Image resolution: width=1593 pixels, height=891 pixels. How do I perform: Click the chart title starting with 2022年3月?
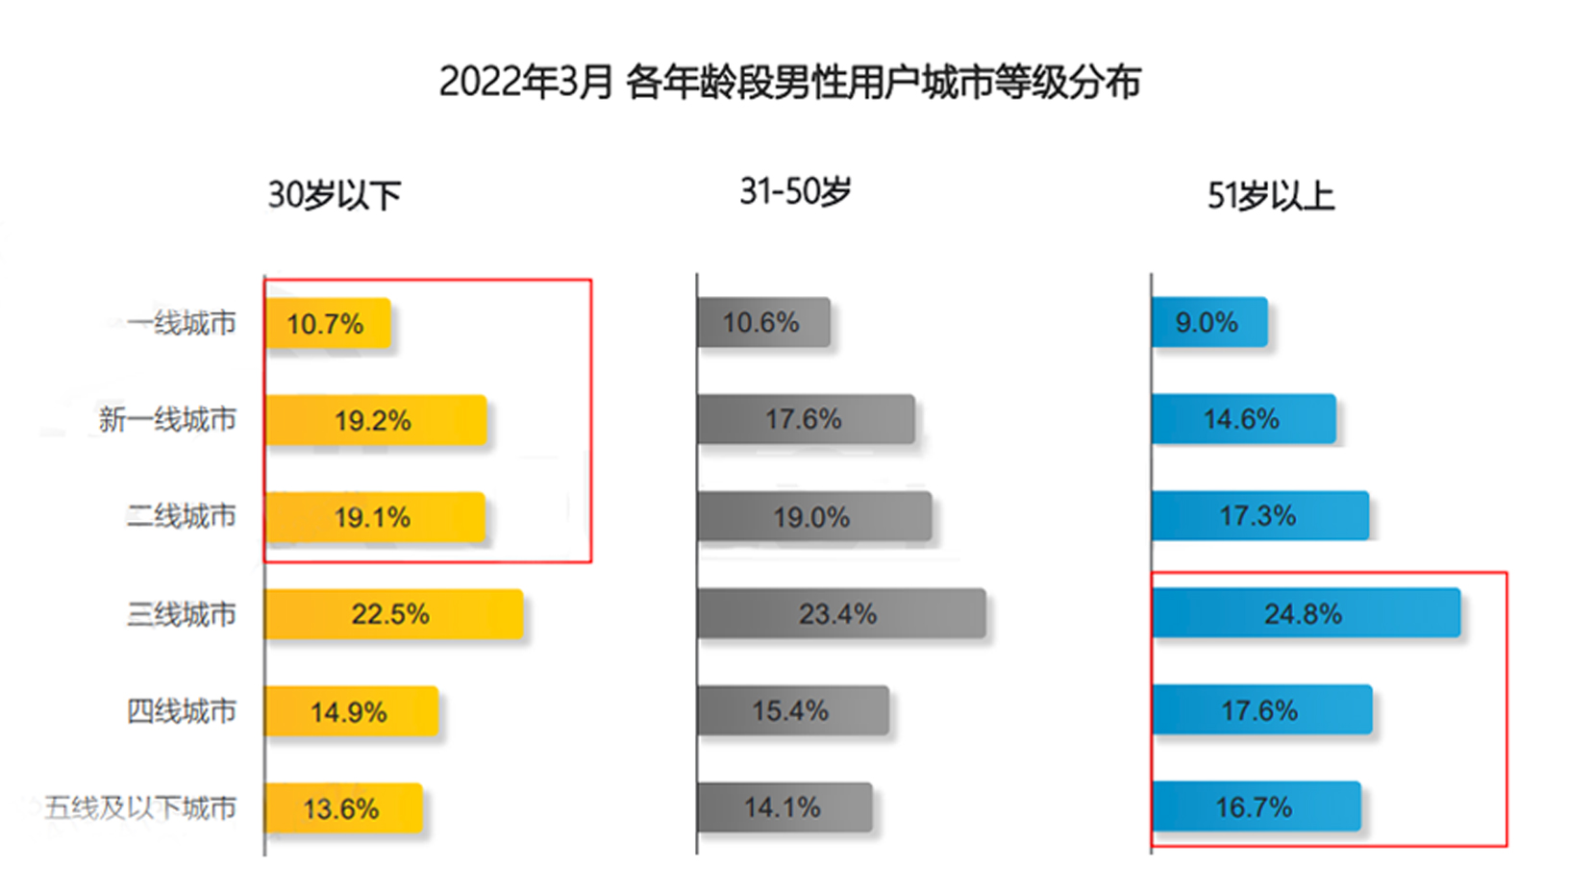789,83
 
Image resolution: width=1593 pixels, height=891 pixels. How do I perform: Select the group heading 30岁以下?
334,196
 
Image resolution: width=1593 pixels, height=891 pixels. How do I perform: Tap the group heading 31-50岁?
795,192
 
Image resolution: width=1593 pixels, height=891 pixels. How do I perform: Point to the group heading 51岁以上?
1270,197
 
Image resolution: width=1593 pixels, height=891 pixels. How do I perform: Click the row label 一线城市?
181,323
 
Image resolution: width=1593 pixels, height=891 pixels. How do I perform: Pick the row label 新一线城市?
167,420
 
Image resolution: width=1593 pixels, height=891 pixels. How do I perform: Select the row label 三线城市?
181,614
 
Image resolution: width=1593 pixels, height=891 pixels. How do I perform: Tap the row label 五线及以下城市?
140,807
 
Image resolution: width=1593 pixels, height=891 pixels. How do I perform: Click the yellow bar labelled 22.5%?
394,614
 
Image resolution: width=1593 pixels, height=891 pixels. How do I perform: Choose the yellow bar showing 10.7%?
328,323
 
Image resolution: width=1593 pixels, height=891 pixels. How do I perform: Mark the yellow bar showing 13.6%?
343,808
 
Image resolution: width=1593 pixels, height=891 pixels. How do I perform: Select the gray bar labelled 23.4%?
841,613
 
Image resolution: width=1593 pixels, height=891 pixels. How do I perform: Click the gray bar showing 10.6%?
763,322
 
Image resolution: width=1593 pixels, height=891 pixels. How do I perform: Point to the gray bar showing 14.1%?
784,807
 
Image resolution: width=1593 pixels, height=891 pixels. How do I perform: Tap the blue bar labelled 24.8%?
1306,613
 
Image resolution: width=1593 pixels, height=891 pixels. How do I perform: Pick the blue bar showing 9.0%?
1208,322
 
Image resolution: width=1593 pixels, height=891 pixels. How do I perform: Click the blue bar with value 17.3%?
1259,516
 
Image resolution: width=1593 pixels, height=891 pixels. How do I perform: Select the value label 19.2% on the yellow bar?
372,421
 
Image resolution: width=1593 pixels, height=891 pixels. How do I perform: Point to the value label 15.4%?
790,711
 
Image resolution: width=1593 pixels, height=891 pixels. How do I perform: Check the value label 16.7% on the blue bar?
1254,807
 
